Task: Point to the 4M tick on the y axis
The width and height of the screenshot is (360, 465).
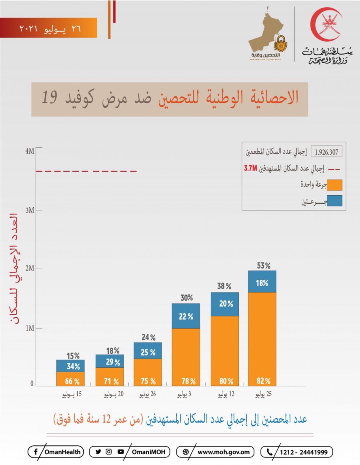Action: click(x=30, y=151)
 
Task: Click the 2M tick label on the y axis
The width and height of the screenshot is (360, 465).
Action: click(x=30, y=268)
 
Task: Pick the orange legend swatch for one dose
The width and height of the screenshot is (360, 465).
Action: click(x=334, y=185)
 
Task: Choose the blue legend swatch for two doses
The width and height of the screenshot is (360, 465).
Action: click(x=334, y=200)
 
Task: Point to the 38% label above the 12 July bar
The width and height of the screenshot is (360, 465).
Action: click(x=224, y=286)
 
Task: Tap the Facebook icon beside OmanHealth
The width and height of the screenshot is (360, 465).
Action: click(x=36, y=452)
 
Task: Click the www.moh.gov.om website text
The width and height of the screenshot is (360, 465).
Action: click(x=226, y=452)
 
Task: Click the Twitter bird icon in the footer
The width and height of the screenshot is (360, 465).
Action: click(x=98, y=452)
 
